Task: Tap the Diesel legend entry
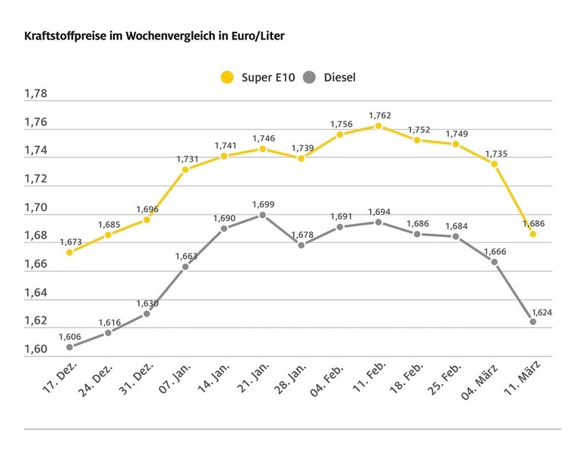[329, 77]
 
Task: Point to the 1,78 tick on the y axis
[36, 94]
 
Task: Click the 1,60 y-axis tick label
[36, 349]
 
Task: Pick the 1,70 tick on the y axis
[36, 207]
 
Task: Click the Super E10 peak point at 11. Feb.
[378, 126]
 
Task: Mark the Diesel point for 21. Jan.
[263, 215]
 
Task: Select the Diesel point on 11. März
[533, 322]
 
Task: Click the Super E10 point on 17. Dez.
[70, 252]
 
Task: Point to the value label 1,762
[380, 115]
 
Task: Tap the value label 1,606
[70, 336]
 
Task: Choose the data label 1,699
[263, 204]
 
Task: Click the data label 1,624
[540, 311]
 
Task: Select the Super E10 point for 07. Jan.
[185, 169]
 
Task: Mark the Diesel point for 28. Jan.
[301, 245]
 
